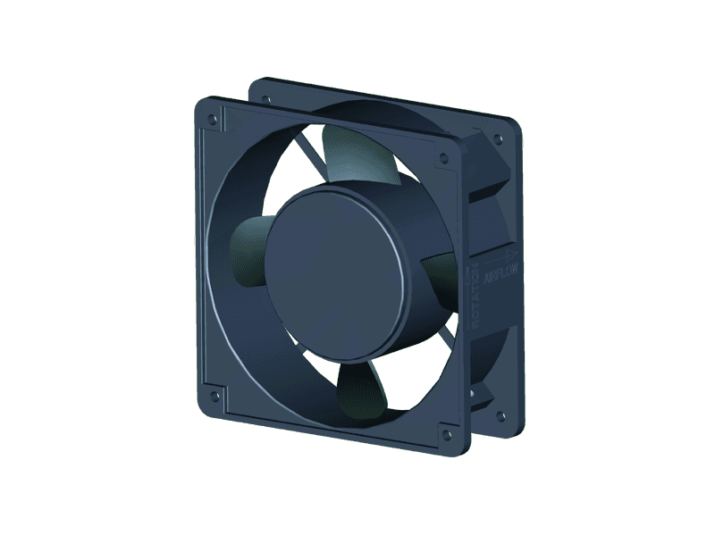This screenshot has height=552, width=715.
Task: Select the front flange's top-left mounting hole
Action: pyautogui.click(x=212, y=117)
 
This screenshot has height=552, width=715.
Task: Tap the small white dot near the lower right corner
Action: pyautogui.click(x=472, y=389)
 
